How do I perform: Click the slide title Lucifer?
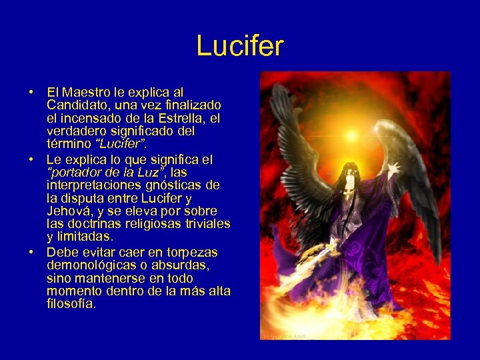pos(240,46)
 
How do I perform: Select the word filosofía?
pos(71,303)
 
